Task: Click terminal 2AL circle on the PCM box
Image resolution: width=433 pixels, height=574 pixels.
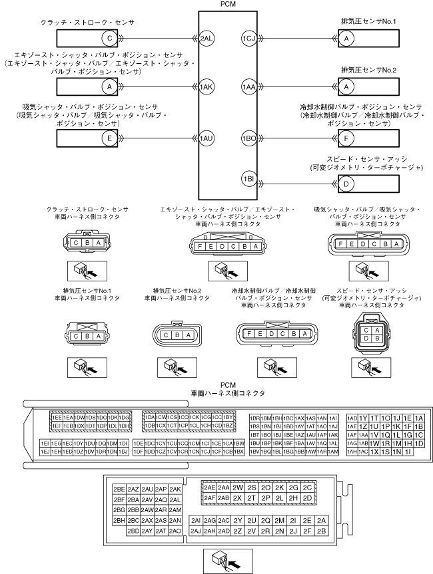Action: click(x=207, y=39)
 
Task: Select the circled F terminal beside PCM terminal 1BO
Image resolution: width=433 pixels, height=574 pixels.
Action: click(x=346, y=138)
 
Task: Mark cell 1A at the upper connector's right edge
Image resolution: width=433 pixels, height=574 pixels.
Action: click(x=419, y=418)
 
